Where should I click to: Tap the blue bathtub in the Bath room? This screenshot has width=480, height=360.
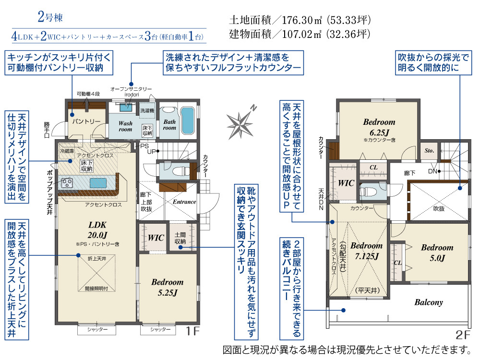click(187, 120)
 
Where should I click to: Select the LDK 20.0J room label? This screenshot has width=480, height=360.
click(97, 230)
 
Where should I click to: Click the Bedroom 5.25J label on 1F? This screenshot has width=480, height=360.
click(168, 288)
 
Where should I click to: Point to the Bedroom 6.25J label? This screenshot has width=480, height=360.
click(379, 127)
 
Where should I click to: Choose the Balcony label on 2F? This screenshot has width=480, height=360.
click(429, 302)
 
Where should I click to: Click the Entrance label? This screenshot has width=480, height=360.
click(184, 202)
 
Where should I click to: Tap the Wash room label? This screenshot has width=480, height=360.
click(125, 126)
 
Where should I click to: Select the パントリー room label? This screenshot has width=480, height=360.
click(86, 121)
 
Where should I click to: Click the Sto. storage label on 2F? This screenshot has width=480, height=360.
click(429, 151)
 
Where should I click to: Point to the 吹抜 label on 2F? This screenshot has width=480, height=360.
click(439, 208)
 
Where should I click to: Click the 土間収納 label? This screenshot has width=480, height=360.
click(180, 238)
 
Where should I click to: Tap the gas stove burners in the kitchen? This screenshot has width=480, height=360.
click(67, 183)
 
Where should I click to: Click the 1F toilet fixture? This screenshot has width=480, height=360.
click(178, 170)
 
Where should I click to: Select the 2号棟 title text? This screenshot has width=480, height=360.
click(50, 17)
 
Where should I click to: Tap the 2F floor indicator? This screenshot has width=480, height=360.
click(463, 335)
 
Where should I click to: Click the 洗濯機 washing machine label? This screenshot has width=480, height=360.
click(147, 110)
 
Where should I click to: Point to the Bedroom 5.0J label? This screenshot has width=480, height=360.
click(437, 252)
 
